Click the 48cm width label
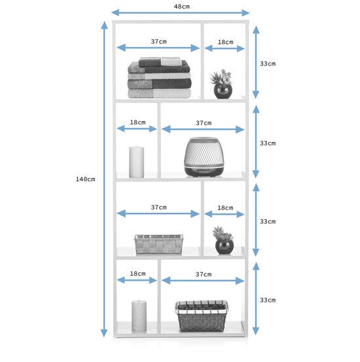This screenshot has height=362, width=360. point(182,7)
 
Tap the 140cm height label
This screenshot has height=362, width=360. point(85,179)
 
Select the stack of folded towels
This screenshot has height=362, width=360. point(160,78)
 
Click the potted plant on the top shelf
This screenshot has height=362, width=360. point(221,84)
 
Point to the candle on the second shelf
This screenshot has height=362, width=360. point(136,162)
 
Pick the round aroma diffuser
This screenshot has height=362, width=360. point(204,157)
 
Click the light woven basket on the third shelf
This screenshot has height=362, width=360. point(158,244)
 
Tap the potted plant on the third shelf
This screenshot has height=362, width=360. point(224,240)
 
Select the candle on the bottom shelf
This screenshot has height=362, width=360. point(139,316)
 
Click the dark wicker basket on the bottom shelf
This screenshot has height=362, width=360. point(202,316)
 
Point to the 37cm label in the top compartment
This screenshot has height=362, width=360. point(158,41)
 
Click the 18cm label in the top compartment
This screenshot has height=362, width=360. point(225,43)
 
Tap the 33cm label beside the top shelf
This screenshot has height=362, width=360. point(268,63)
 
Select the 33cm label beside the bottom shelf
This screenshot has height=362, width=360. point(268,300)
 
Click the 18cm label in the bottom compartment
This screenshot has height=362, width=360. point(137,274)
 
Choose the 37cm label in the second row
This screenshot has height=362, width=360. point(204,123)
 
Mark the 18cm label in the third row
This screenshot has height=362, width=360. point(225,208)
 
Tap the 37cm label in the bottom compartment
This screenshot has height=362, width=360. point(204,274)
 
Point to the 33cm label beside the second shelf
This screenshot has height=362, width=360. point(268,143)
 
